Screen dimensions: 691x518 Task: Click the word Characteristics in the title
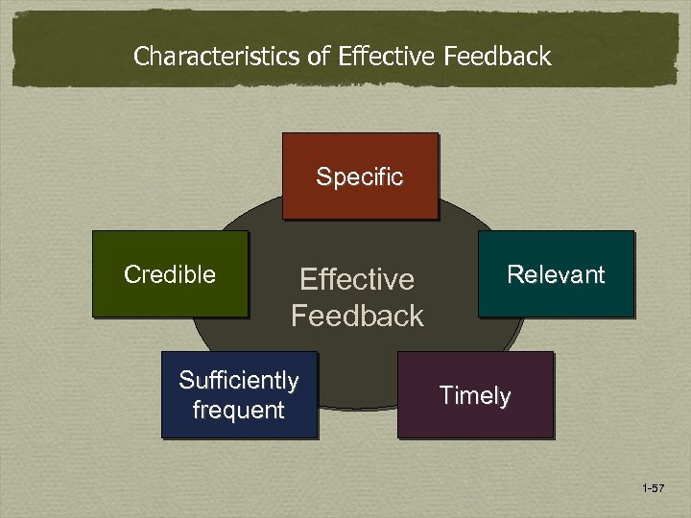[217, 57]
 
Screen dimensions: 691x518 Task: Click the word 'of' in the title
[319, 57]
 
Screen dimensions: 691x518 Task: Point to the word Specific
[360, 177]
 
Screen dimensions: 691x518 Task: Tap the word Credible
[170, 275]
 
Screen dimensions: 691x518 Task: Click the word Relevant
[556, 275]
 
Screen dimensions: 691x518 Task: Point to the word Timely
[475, 396]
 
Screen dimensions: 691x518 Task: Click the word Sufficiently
[239, 381]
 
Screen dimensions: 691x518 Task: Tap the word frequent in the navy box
[239, 411]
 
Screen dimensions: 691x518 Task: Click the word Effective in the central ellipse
[357, 280]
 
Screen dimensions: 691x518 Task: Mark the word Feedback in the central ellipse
[357, 316]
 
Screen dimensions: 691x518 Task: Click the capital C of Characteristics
[141, 57]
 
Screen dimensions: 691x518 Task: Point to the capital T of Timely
[445, 395]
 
